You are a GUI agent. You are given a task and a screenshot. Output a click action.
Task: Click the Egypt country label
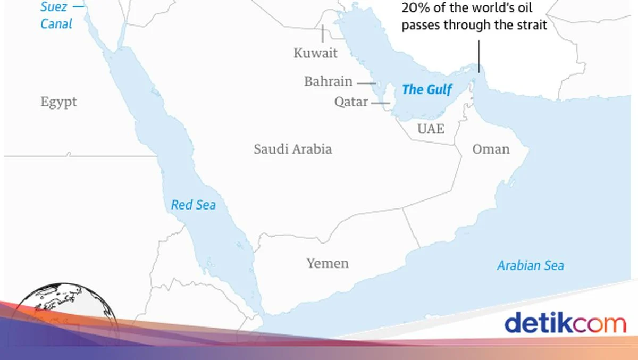58,102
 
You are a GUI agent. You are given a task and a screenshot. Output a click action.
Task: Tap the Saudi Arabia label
292,149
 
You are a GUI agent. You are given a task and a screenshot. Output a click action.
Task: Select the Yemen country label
328,263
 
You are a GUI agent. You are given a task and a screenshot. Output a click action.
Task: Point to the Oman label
491,149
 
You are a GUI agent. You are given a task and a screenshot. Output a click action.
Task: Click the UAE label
431,129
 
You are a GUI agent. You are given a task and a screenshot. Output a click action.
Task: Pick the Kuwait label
315,53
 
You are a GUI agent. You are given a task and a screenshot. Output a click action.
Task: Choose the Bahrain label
328,81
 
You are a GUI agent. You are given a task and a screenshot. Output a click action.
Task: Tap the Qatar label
351,102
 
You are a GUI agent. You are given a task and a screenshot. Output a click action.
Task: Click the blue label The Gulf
427,89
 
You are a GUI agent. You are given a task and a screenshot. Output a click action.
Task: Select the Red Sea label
194,204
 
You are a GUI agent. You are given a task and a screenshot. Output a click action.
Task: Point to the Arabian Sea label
530,265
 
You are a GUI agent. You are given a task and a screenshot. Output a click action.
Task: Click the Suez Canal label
56,16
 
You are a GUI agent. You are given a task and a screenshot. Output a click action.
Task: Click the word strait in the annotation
528,25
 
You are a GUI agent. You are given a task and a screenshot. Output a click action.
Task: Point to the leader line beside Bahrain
366,83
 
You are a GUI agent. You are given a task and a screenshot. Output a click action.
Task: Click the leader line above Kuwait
322,33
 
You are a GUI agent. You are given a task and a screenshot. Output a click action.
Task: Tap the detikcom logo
565,323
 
